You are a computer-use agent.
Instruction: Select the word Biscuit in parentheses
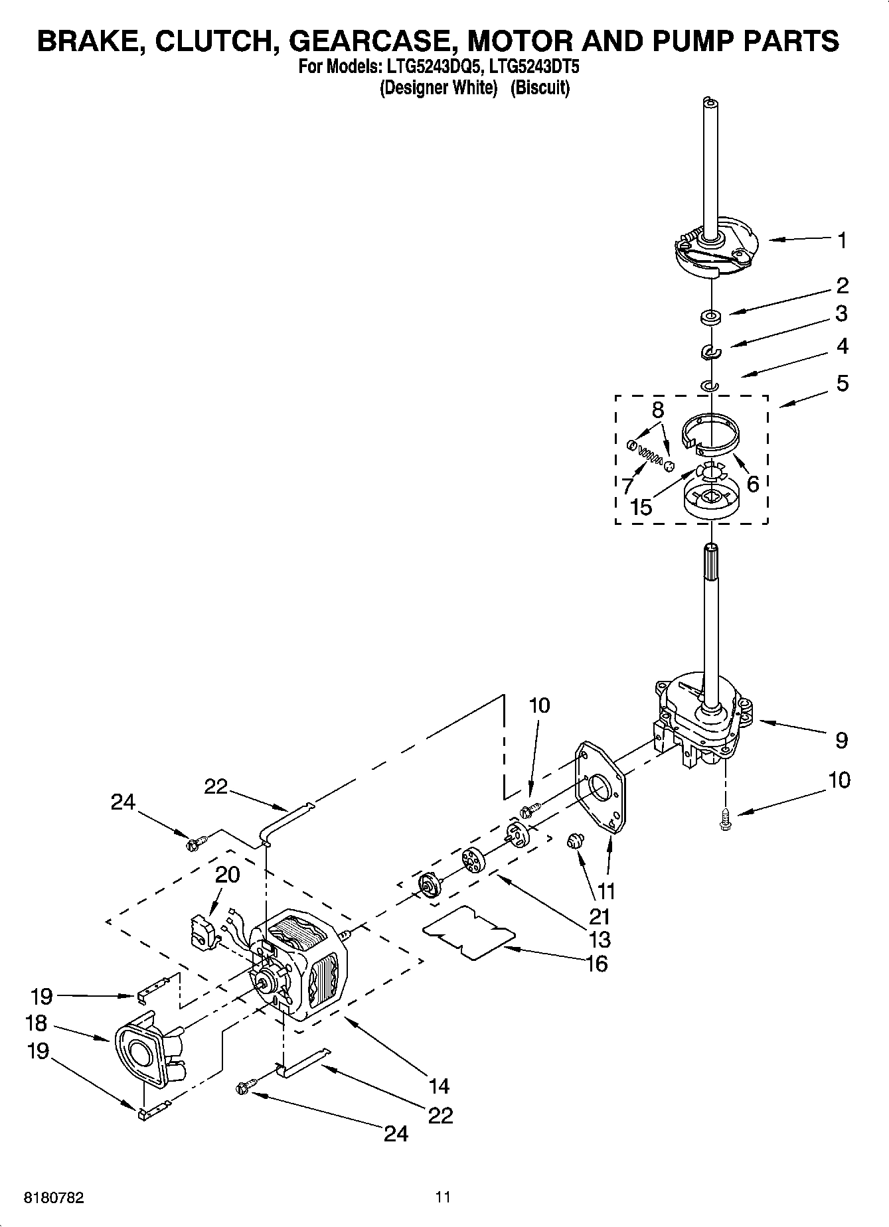tap(540, 88)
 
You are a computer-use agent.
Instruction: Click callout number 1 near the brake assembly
tap(842, 240)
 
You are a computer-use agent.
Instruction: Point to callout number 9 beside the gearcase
tap(841, 740)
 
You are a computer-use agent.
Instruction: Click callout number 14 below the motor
tap(439, 1086)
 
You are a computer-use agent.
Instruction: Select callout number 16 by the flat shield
tap(597, 964)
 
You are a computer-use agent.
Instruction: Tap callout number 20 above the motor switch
tap(227, 875)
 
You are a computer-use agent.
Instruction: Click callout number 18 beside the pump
tap(36, 1023)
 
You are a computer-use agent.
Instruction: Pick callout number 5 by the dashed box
tap(842, 383)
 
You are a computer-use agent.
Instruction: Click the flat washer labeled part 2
tap(710, 317)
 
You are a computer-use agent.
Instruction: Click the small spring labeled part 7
tap(649, 456)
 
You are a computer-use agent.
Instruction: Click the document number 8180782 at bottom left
tap(54, 1198)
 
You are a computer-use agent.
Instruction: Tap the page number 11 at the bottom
tap(443, 1197)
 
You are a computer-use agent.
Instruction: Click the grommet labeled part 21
tap(573, 842)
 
